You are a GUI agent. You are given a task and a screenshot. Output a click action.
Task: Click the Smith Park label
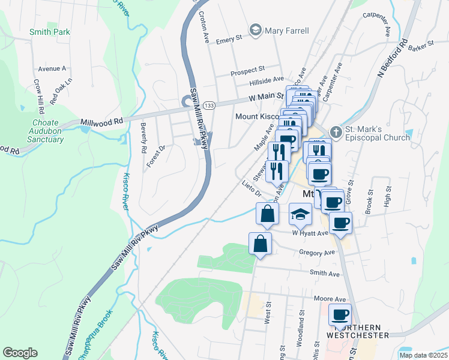pos(50,32)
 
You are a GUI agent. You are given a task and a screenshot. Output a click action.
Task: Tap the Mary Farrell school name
pos(288,31)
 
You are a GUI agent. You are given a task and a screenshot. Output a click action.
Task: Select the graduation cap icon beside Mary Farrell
pos(256,31)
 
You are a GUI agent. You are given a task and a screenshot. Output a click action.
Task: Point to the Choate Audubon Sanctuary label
pos(45,131)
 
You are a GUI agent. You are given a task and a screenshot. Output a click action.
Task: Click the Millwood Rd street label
pos(101,121)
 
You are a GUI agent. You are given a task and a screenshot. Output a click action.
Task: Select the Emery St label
pos(229,40)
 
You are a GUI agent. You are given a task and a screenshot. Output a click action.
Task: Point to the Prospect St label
pos(248,71)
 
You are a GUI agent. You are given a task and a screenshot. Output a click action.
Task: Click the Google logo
pos(20,353)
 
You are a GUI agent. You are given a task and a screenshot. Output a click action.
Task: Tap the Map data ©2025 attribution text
pos(423,355)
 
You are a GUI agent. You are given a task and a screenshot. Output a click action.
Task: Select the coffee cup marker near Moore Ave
pos(340,315)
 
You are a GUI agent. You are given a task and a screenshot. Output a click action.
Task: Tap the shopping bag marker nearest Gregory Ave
pos(260,244)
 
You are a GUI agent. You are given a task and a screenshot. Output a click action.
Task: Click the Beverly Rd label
pos(143,137)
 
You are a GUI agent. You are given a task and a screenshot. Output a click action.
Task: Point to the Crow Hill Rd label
pos(39,97)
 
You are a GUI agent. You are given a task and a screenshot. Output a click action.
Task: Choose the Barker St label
pos(422,45)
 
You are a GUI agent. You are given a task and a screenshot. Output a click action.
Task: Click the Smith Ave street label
pos(325,274)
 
